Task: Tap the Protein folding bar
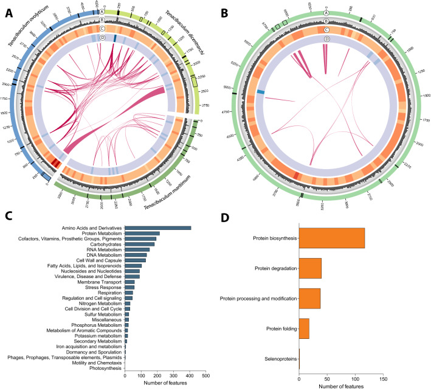pyautogui.click(x=304, y=330)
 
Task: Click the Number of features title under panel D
pyautogui.click(x=340, y=385)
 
